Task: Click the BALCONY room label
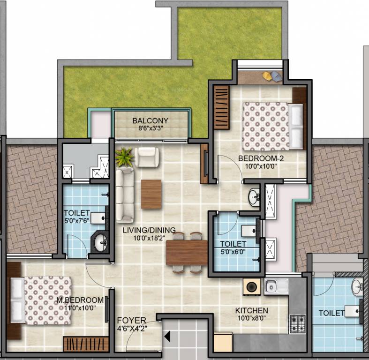(x=151, y=121)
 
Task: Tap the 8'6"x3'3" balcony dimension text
(x=151, y=128)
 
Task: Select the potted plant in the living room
(x=124, y=157)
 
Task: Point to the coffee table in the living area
(x=151, y=194)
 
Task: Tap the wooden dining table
(x=187, y=253)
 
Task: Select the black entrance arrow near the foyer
(x=167, y=336)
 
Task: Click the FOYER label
(x=132, y=321)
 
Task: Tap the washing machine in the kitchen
(x=252, y=286)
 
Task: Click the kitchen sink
(x=276, y=286)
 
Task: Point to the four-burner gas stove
(x=298, y=324)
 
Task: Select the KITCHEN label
(x=252, y=311)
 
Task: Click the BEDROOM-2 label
(x=261, y=158)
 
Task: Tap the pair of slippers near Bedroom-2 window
(x=272, y=76)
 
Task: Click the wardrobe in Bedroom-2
(x=221, y=107)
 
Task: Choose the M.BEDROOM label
(x=80, y=300)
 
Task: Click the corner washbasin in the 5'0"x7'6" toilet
(x=100, y=242)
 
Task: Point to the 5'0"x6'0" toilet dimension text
(x=233, y=252)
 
